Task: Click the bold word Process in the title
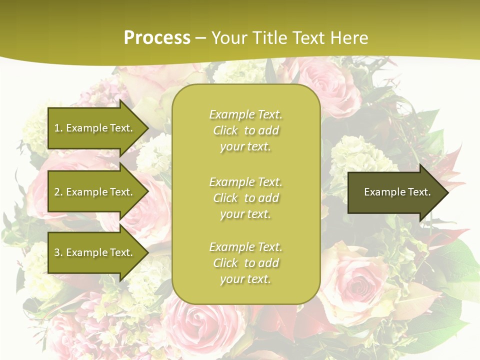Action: (x=157, y=38)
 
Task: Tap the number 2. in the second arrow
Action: (x=58, y=192)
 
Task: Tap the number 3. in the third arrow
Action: (x=58, y=252)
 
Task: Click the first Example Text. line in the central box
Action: (x=245, y=114)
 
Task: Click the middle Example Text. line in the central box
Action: (x=245, y=182)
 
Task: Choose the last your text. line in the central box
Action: (x=245, y=279)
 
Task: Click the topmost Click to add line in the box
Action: (x=245, y=130)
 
